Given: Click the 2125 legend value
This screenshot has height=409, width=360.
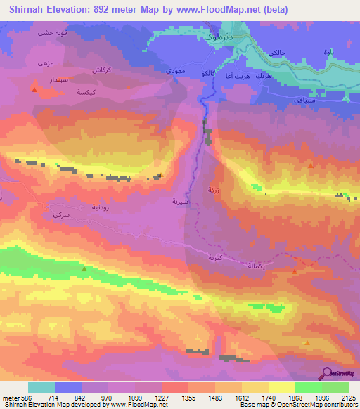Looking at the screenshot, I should [x=348, y=398].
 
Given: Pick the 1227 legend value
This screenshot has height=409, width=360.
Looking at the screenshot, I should [x=161, y=398].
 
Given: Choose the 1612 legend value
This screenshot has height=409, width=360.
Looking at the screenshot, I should [x=241, y=398].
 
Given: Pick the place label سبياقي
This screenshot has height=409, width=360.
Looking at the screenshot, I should [x=295, y=101].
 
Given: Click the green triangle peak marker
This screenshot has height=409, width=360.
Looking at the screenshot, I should [x=84, y=269].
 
